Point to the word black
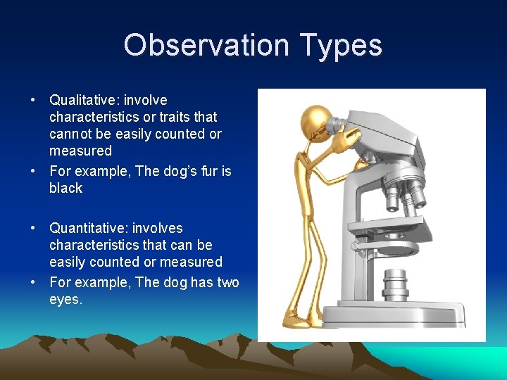coord(65,188)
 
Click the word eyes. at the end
coord(65,299)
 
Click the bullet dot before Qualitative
coord(33,101)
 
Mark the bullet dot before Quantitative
coord(33,229)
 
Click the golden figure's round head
coord(315,122)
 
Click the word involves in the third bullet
coord(158,228)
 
